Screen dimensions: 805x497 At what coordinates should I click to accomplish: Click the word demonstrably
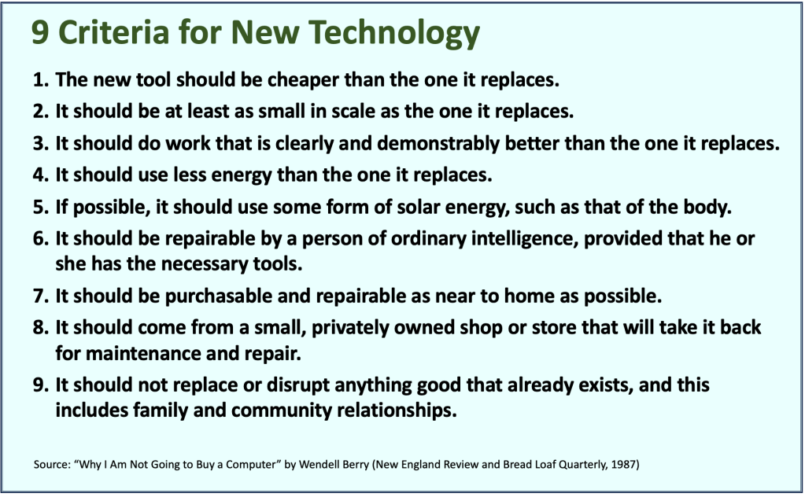[x=438, y=143]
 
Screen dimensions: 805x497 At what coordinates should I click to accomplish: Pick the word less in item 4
[x=190, y=175]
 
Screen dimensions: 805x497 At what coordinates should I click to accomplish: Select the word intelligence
[x=524, y=240]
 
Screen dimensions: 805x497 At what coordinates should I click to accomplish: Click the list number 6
[x=41, y=239]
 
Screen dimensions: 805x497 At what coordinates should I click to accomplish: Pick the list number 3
[x=41, y=144]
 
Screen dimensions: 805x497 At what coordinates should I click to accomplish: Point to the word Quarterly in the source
[x=583, y=466]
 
